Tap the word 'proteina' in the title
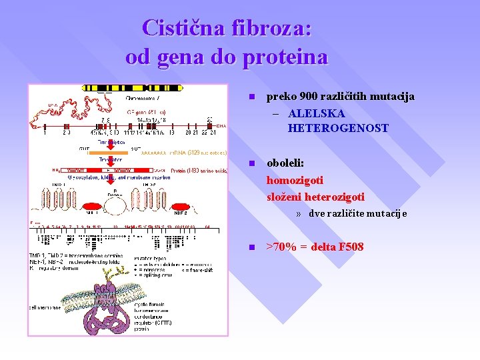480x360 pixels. (285, 57)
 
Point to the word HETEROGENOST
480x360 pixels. (338, 128)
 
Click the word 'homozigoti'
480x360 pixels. (295, 180)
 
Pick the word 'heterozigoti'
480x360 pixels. (333, 197)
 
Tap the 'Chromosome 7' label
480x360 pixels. (143, 99)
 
